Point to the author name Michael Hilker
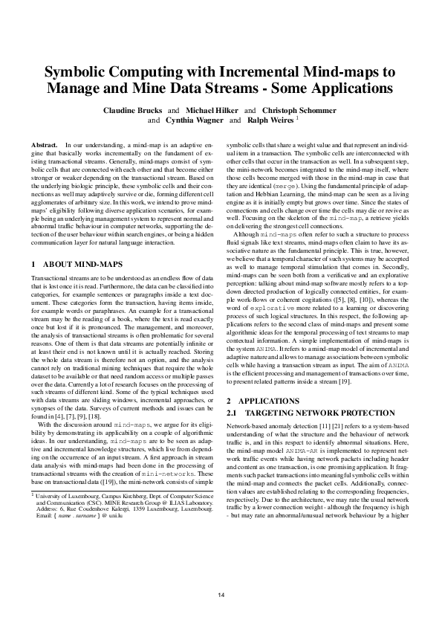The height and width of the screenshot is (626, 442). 210,109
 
